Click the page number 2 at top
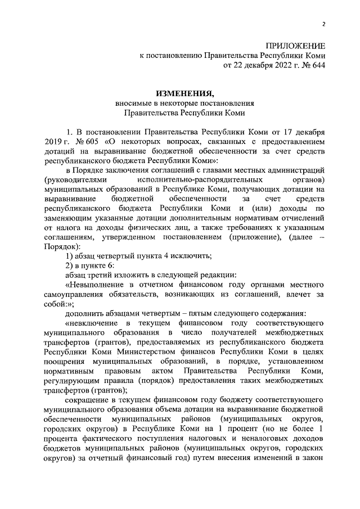324,24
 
